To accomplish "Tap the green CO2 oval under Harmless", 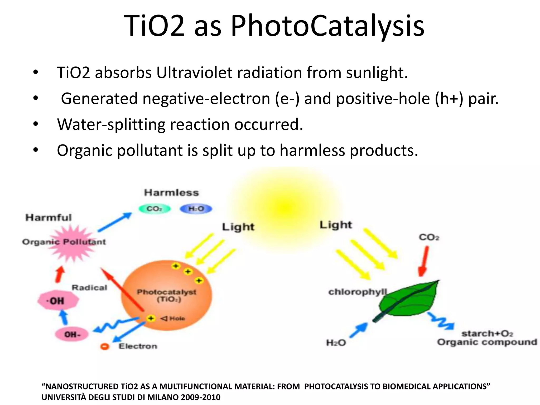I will click(155, 209).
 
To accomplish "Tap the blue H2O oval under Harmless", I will click(196, 209).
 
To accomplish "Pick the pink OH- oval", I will click(72, 334).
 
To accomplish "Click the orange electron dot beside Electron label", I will click(105, 346).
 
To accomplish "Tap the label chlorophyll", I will click(357, 292).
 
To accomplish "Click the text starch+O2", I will click(487, 334).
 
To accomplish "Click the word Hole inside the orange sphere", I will click(177, 319).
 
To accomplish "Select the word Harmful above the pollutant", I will click(49, 218).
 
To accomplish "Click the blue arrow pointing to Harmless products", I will click(115, 222).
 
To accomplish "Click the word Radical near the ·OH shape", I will click(89, 287).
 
